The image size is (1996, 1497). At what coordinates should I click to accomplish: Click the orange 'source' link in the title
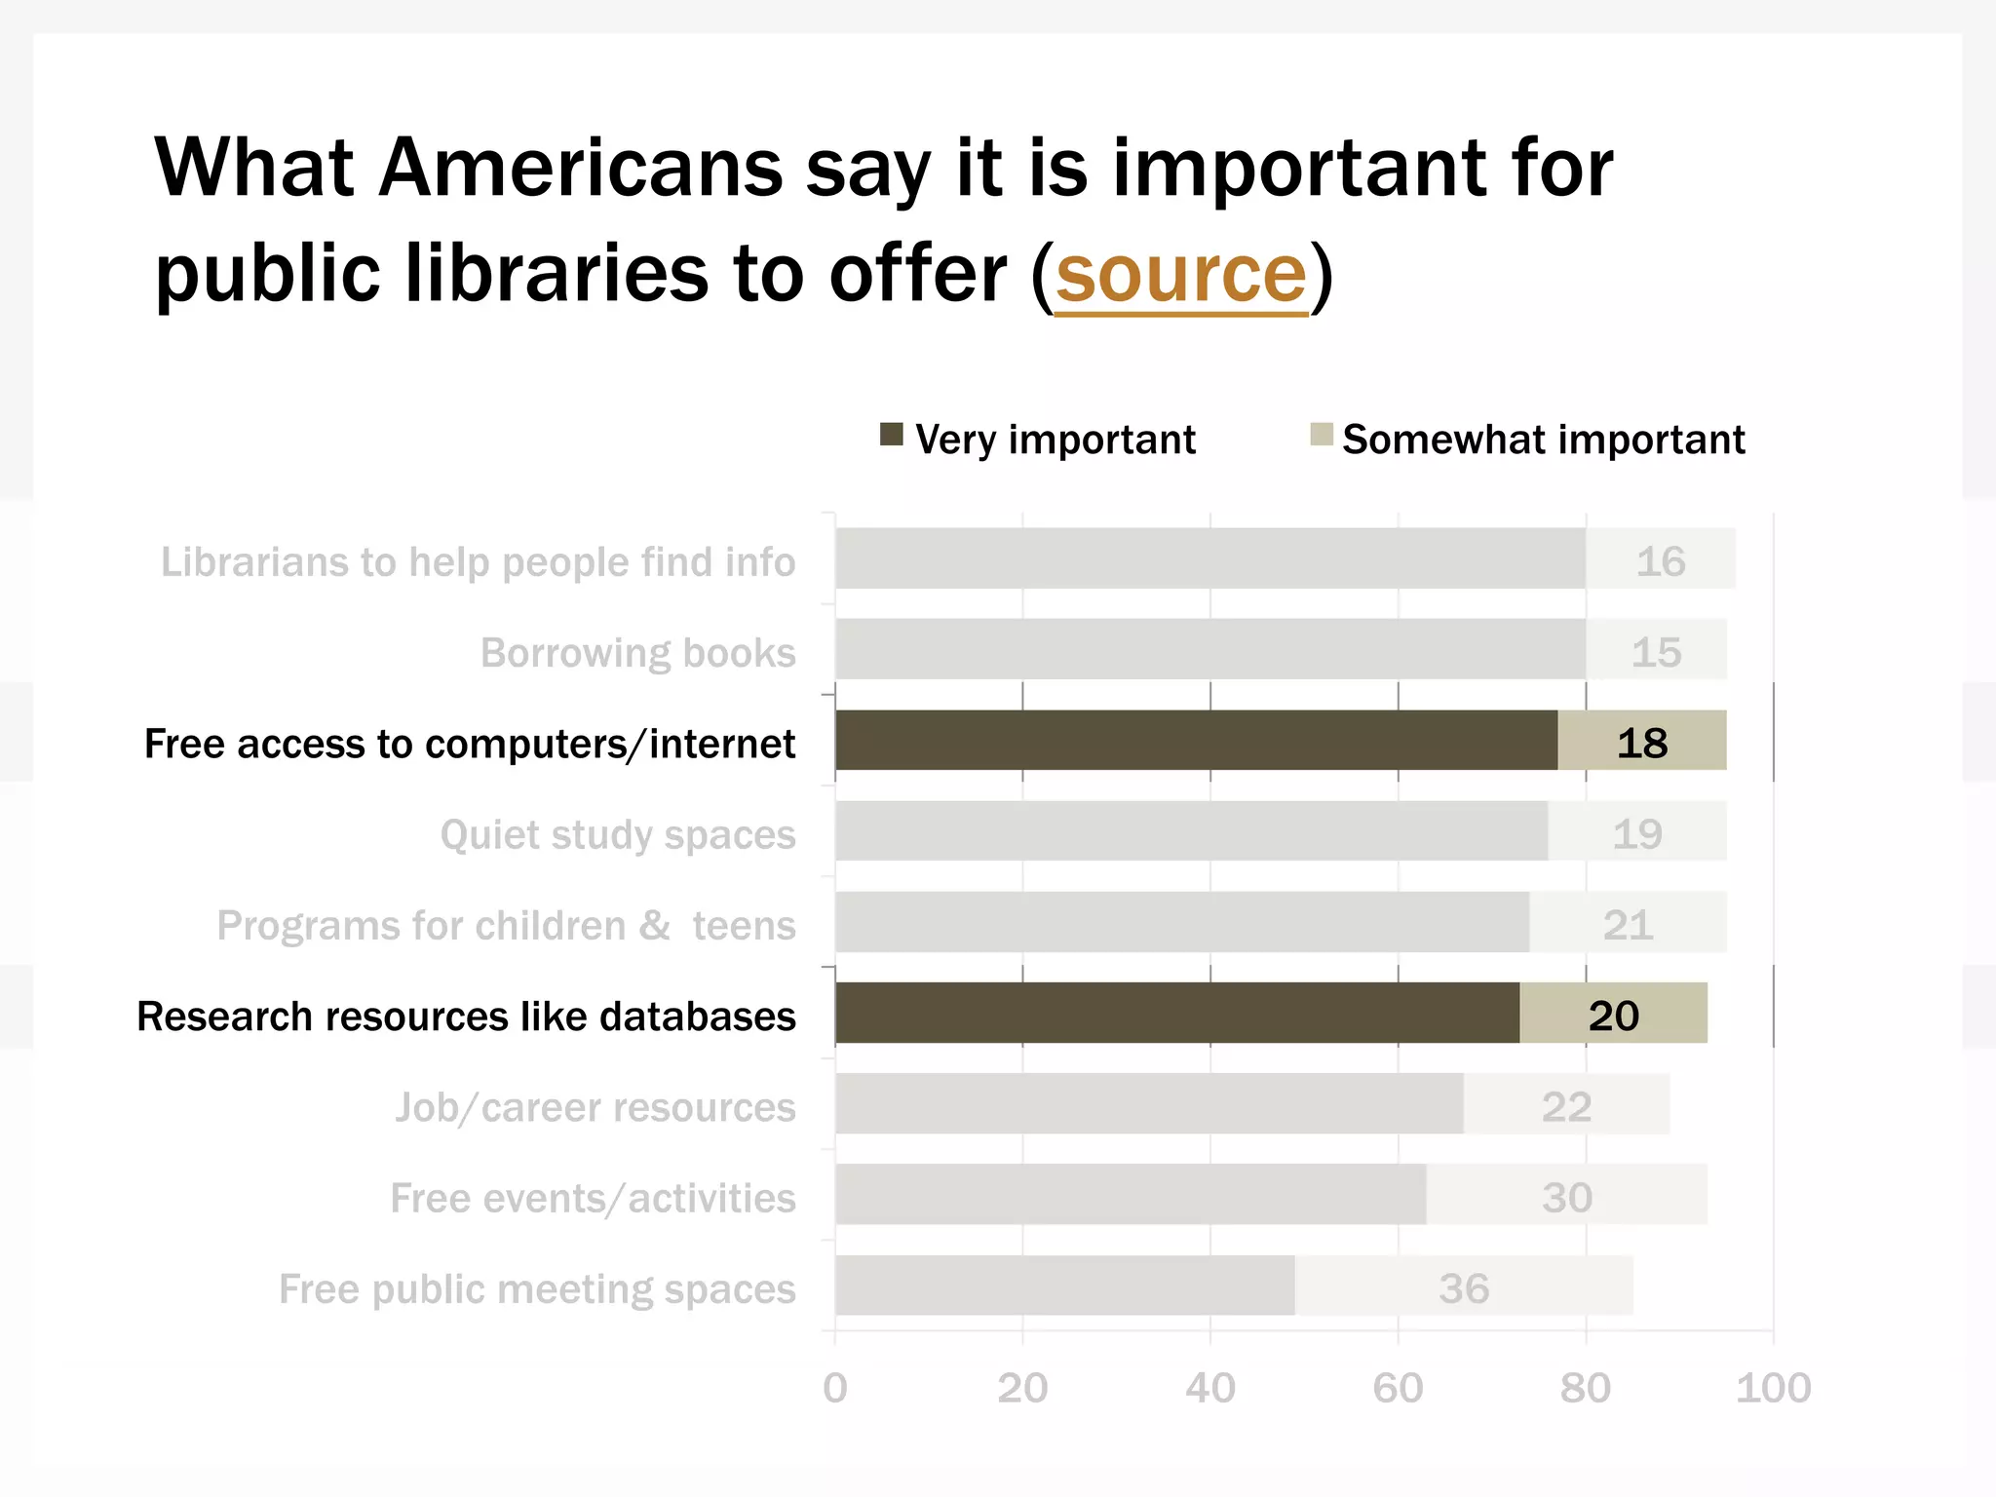click(1180, 275)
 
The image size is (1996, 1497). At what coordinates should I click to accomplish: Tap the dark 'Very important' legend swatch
click(891, 435)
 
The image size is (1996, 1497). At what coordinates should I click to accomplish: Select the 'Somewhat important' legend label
click(1543, 440)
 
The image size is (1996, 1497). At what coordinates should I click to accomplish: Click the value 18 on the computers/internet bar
click(1642, 744)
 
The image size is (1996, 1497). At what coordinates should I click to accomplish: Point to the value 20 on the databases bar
click(1614, 1017)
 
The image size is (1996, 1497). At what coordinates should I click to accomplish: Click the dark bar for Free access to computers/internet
click(1196, 741)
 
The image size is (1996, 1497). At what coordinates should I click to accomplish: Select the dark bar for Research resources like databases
click(1176, 1014)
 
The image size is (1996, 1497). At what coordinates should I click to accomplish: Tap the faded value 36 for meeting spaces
click(1464, 1288)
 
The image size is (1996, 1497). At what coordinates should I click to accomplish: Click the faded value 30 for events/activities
click(1567, 1198)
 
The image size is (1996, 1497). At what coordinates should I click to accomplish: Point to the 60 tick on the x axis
click(1398, 1388)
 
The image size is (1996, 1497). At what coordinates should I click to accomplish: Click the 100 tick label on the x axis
click(1773, 1388)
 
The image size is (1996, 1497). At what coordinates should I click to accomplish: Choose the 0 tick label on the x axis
click(835, 1388)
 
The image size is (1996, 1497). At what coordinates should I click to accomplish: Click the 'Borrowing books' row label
click(638, 653)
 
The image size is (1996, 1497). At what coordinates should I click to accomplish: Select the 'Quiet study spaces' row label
click(618, 835)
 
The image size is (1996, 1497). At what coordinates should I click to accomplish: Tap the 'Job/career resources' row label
click(595, 1108)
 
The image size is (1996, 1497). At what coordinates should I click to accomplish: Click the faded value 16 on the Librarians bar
click(1661, 561)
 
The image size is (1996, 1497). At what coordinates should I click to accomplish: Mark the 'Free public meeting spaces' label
click(537, 1289)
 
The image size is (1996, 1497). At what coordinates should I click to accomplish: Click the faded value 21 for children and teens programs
click(1628, 925)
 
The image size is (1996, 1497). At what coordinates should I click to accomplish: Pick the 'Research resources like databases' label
click(466, 1017)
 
